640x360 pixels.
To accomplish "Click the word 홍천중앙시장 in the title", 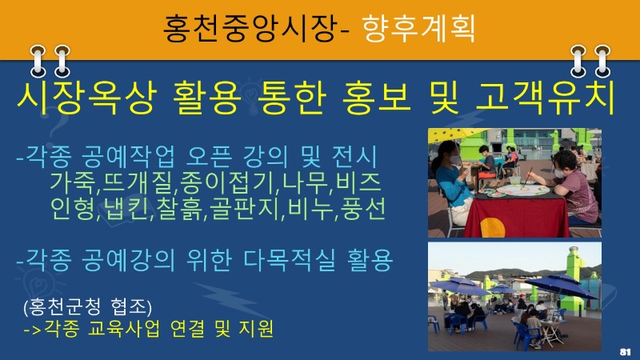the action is point(250,28).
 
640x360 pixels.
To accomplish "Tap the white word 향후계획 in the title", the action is point(418,28).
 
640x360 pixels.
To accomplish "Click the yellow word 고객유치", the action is point(546,98).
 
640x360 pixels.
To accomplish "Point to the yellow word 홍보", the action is point(376,98).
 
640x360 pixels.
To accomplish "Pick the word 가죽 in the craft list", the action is point(74,183).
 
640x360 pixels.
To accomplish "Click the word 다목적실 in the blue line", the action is point(290,260).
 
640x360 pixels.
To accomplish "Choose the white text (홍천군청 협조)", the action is point(88,306).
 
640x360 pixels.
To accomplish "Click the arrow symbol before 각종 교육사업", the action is point(33,329).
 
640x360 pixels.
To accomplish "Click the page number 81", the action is point(625,352).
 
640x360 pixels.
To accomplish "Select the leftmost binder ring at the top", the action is point(38,62).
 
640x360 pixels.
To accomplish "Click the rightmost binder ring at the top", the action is point(602,62).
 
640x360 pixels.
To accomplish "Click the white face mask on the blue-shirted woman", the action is point(455,159).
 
